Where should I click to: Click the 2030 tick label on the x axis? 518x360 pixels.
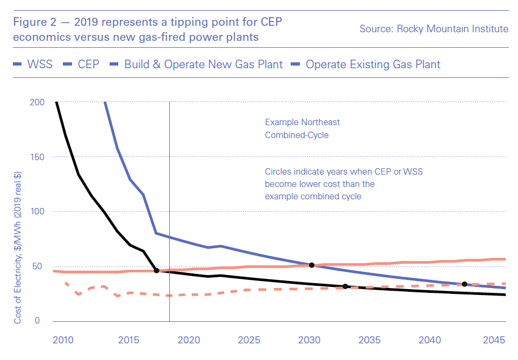tap(310, 340)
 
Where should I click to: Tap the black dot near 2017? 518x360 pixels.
tap(156, 270)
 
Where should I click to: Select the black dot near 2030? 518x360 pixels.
tap(311, 265)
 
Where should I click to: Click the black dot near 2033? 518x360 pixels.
tap(345, 286)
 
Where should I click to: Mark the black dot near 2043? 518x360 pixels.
tap(464, 284)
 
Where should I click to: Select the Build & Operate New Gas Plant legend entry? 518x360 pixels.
tap(203, 64)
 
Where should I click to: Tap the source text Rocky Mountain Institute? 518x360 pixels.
tap(434, 28)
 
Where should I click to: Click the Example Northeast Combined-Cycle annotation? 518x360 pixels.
tap(303, 129)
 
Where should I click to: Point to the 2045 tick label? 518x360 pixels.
tap(495, 340)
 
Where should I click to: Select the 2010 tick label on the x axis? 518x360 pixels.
tap(63, 340)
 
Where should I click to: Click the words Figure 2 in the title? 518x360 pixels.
tap(35, 23)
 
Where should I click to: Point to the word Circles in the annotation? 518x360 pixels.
tap(278, 172)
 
